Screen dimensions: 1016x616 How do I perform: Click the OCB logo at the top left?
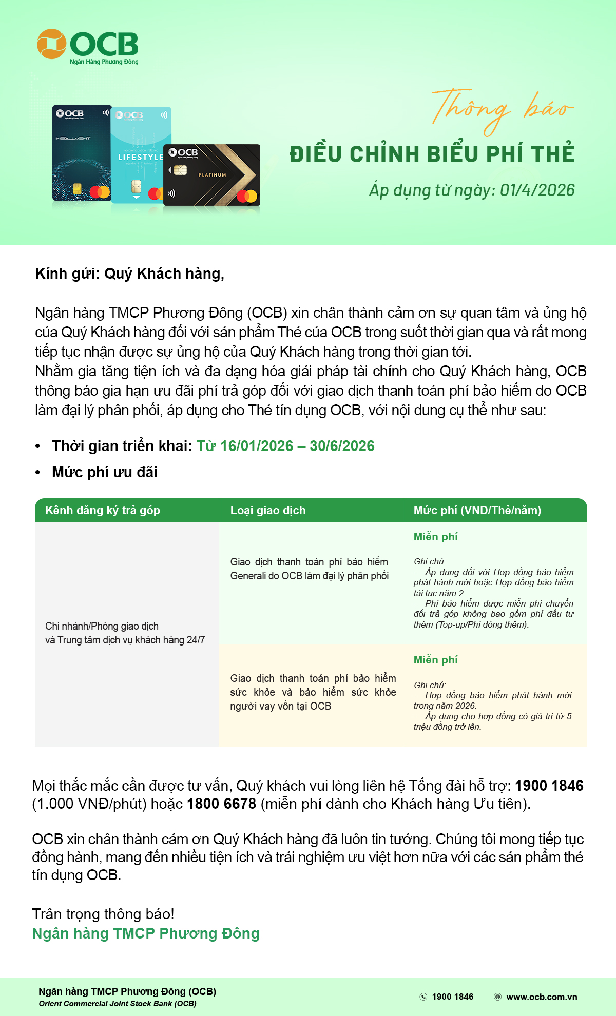coord(88,46)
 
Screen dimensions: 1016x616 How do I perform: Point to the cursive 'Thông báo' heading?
coord(502,109)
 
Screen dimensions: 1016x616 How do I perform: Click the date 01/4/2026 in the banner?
coord(537,190)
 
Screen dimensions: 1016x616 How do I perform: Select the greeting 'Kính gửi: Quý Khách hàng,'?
coord(130,273)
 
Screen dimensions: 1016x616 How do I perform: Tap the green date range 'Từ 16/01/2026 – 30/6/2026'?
coord(285,446)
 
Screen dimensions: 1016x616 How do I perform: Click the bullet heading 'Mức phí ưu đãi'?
coord(105,472)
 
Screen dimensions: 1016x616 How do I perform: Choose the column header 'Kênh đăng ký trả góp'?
coord(103,510)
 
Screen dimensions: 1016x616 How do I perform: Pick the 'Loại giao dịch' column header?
coord(268,510)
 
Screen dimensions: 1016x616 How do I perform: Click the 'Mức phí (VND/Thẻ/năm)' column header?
coord(477,510)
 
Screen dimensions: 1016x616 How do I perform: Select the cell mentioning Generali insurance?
coord(309,569)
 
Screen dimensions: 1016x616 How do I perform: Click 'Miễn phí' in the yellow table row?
coord(435,660)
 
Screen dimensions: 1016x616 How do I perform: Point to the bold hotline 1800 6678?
coord(221,804)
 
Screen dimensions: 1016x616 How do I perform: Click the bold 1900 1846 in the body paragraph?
coord(549,786)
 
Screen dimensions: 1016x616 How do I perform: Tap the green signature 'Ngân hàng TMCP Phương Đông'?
coord(146,933)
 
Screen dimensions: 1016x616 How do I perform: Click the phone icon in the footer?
coord(423,997)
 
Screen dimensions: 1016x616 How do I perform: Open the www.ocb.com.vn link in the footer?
coord(542,997)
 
